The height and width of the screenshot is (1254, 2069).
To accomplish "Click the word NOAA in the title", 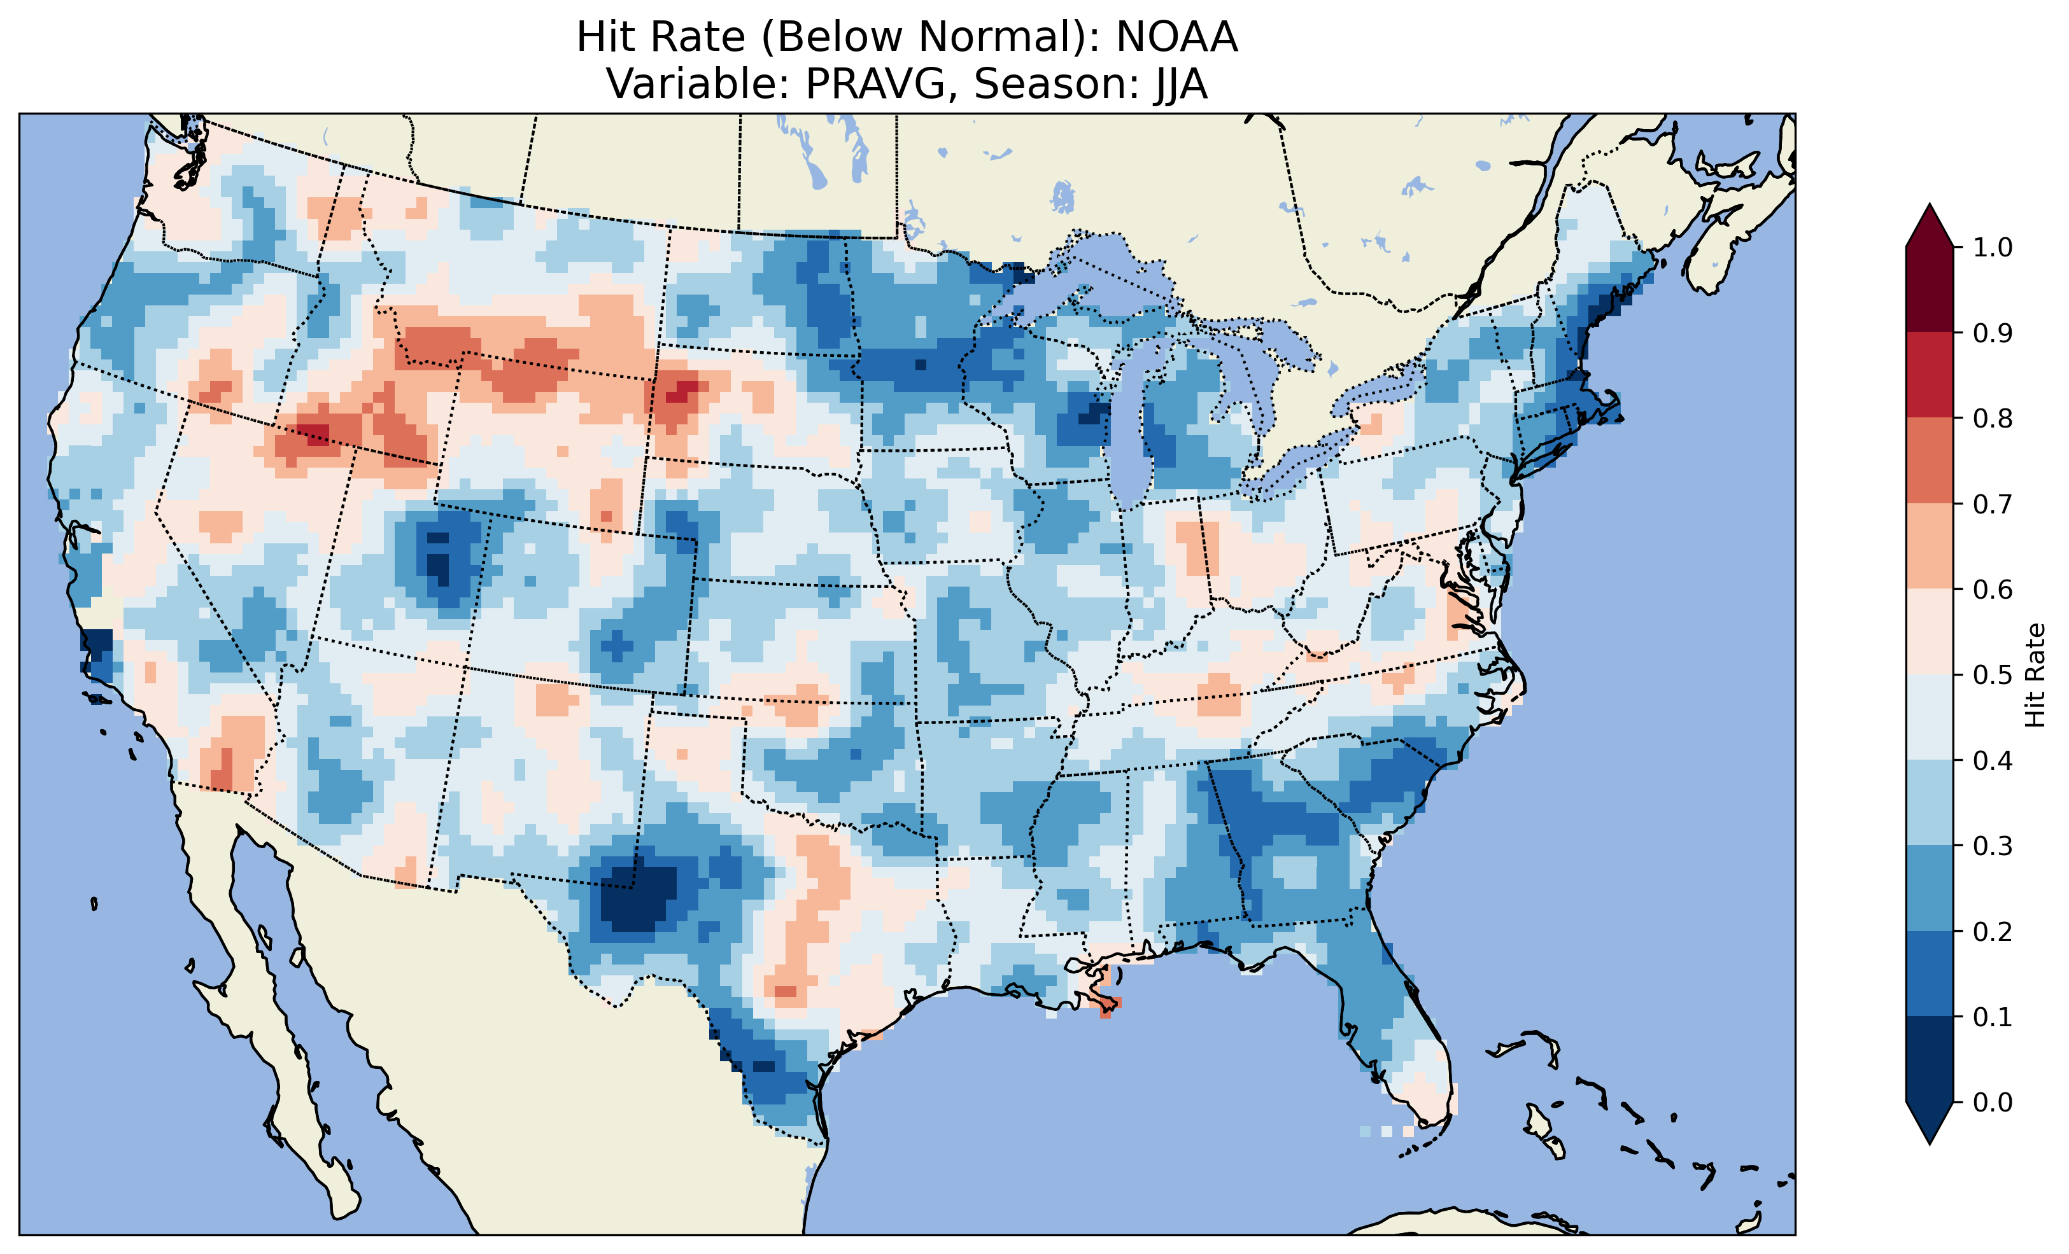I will click(1176, 37).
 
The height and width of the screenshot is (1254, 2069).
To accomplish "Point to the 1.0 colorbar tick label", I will click(1993, 247).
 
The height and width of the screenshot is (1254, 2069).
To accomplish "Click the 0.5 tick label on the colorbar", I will click(1993, 675).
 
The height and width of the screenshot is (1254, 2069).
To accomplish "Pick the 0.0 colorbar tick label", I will click(1993, 1102).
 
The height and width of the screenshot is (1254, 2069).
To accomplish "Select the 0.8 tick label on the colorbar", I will click(1993, 418).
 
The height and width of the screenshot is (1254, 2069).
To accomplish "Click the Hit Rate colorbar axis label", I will click(2035, 675).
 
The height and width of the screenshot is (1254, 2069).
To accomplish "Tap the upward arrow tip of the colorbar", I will click(1930, 208).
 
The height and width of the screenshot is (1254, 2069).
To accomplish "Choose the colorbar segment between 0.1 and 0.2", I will click(1930, 973).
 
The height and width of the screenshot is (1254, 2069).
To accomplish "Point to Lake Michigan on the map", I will click(1130, 436).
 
